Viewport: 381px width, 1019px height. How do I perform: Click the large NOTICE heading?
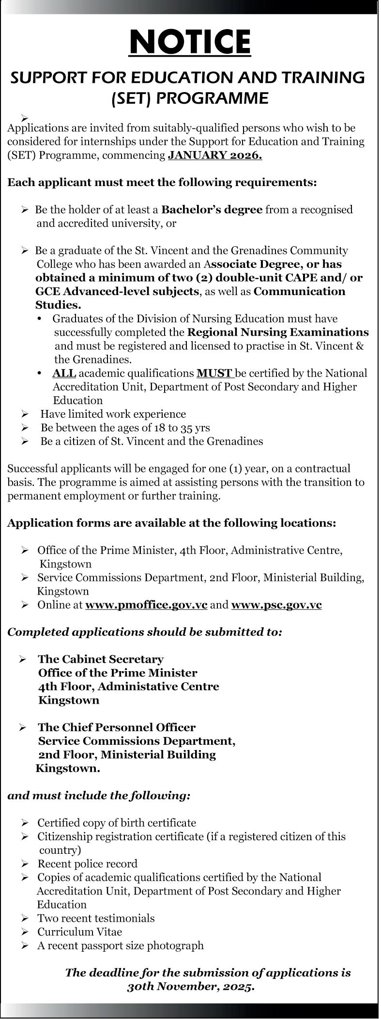pos(190,42)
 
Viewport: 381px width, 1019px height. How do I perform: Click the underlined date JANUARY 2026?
pos(215,156)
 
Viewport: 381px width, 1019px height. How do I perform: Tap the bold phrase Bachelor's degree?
pos(212,210)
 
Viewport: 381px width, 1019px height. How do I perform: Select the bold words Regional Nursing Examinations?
pos(278,332)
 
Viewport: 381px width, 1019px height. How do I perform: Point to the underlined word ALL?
pos(64,373)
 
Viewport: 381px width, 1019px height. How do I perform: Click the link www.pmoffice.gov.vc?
pos(146,605)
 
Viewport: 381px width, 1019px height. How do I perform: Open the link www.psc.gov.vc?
pos(276,605)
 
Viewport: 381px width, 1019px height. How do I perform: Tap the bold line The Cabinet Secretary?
pos(101,659)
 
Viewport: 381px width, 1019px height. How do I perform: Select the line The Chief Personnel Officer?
pos(117,727)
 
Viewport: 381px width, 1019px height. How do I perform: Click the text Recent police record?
pos(88,863)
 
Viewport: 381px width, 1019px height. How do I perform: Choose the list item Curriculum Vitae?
pos(80,931)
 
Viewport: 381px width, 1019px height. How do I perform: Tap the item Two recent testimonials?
pos(96,918)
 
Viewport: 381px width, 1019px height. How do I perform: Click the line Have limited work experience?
pos(113,414)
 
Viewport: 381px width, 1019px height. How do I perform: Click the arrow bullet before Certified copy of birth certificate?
pos(25,823)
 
